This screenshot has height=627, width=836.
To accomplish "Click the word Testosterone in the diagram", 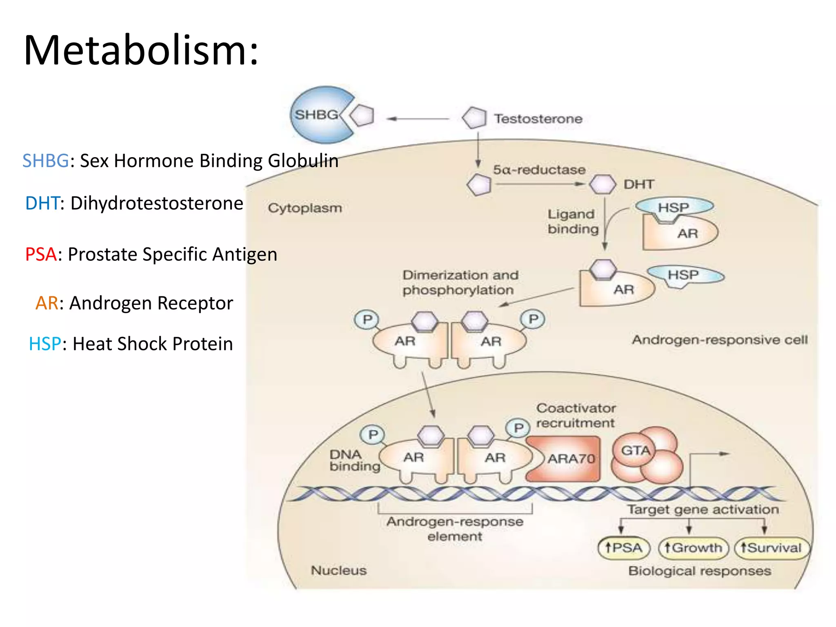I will [x=538, y=119].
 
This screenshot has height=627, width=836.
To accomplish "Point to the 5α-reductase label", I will [x=539, y=169].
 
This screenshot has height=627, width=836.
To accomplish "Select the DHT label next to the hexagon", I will [x=638, y=185].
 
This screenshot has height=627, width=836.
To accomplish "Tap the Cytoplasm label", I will [x=305, y=208].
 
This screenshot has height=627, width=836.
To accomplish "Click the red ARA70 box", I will [x=565, y=458].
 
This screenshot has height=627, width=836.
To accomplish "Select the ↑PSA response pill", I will [x=623, y=547].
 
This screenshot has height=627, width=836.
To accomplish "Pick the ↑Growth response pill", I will [x=693, y=547].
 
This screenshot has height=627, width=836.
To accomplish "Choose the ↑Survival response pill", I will [x=771, y=547].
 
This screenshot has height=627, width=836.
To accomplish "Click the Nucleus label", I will [x=338, y=570].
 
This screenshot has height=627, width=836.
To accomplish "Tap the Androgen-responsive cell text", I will [x=719, y=340].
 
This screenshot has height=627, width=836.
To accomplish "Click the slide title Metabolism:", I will [x=141, y=50].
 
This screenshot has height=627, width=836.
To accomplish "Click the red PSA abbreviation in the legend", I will [x=40, y=254].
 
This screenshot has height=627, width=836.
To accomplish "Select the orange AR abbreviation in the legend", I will [x=47, y=303].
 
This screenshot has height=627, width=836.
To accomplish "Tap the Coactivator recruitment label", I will [x=576, y=415].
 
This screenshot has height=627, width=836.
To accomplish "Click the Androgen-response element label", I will [x=455, y=529].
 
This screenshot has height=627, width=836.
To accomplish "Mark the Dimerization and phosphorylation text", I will [x=460, y=282].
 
